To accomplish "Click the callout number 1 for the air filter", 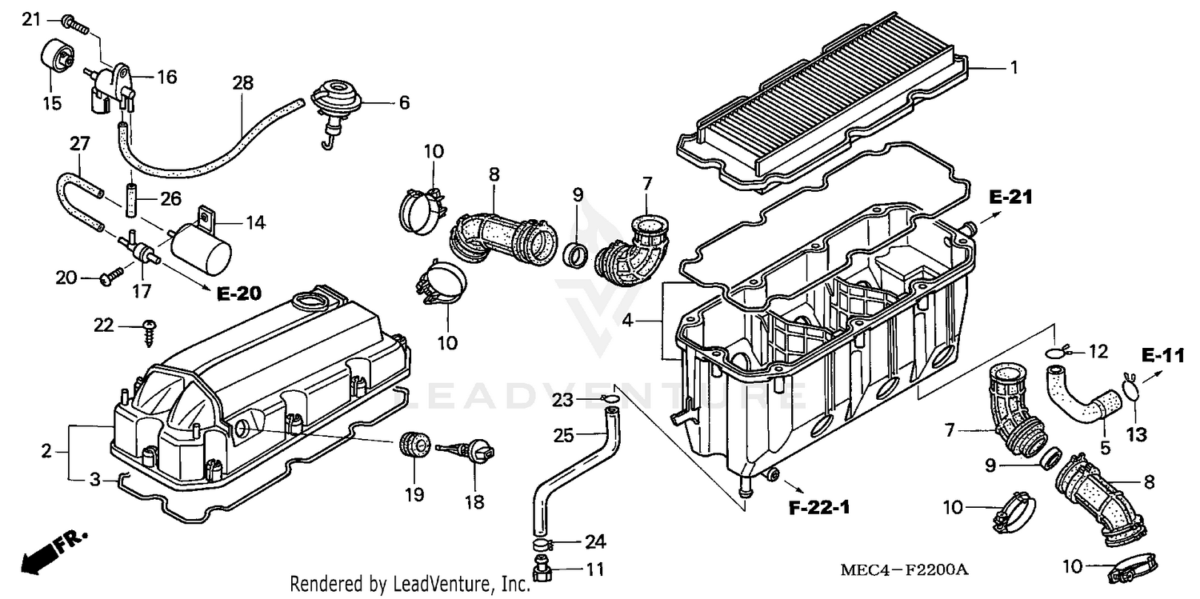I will coord(1014,68).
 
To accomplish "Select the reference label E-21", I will coord(1010,197).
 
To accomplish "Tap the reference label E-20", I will coord(238,294).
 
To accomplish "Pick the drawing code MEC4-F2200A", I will coord(904,569).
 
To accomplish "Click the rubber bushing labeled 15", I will coord(56,55).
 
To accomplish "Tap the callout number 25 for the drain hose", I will coord(564,435).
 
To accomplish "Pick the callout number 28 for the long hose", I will coord(242,82).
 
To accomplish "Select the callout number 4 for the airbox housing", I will coord(629,321).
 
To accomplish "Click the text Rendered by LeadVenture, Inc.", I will coord(410,584).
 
